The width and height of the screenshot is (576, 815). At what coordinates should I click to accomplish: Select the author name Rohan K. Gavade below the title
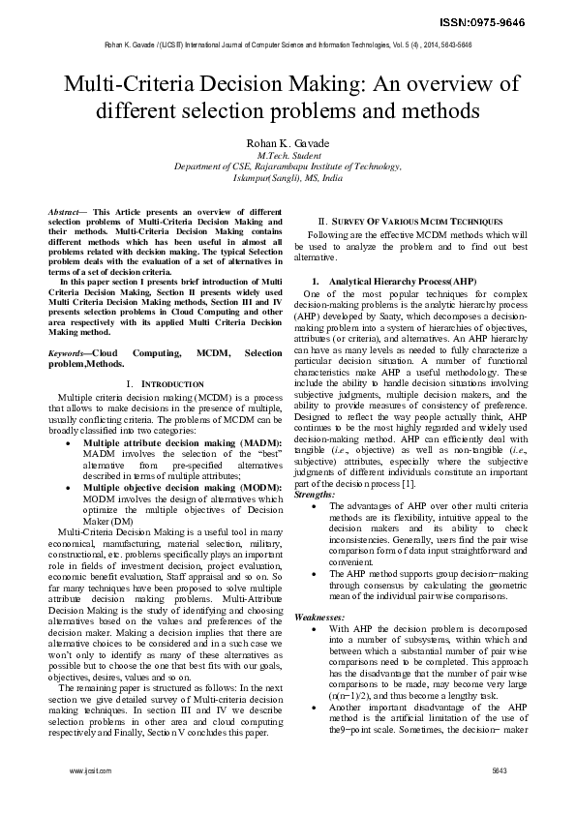pos(288,142)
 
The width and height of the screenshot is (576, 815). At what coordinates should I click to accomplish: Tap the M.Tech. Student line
pos(288,155)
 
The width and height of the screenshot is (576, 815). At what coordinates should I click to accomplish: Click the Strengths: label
pos(314,494)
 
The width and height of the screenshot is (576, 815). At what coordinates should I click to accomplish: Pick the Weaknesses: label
pos(318,616)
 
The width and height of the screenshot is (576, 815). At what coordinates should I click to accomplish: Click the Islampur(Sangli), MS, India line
pos(288,178)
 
